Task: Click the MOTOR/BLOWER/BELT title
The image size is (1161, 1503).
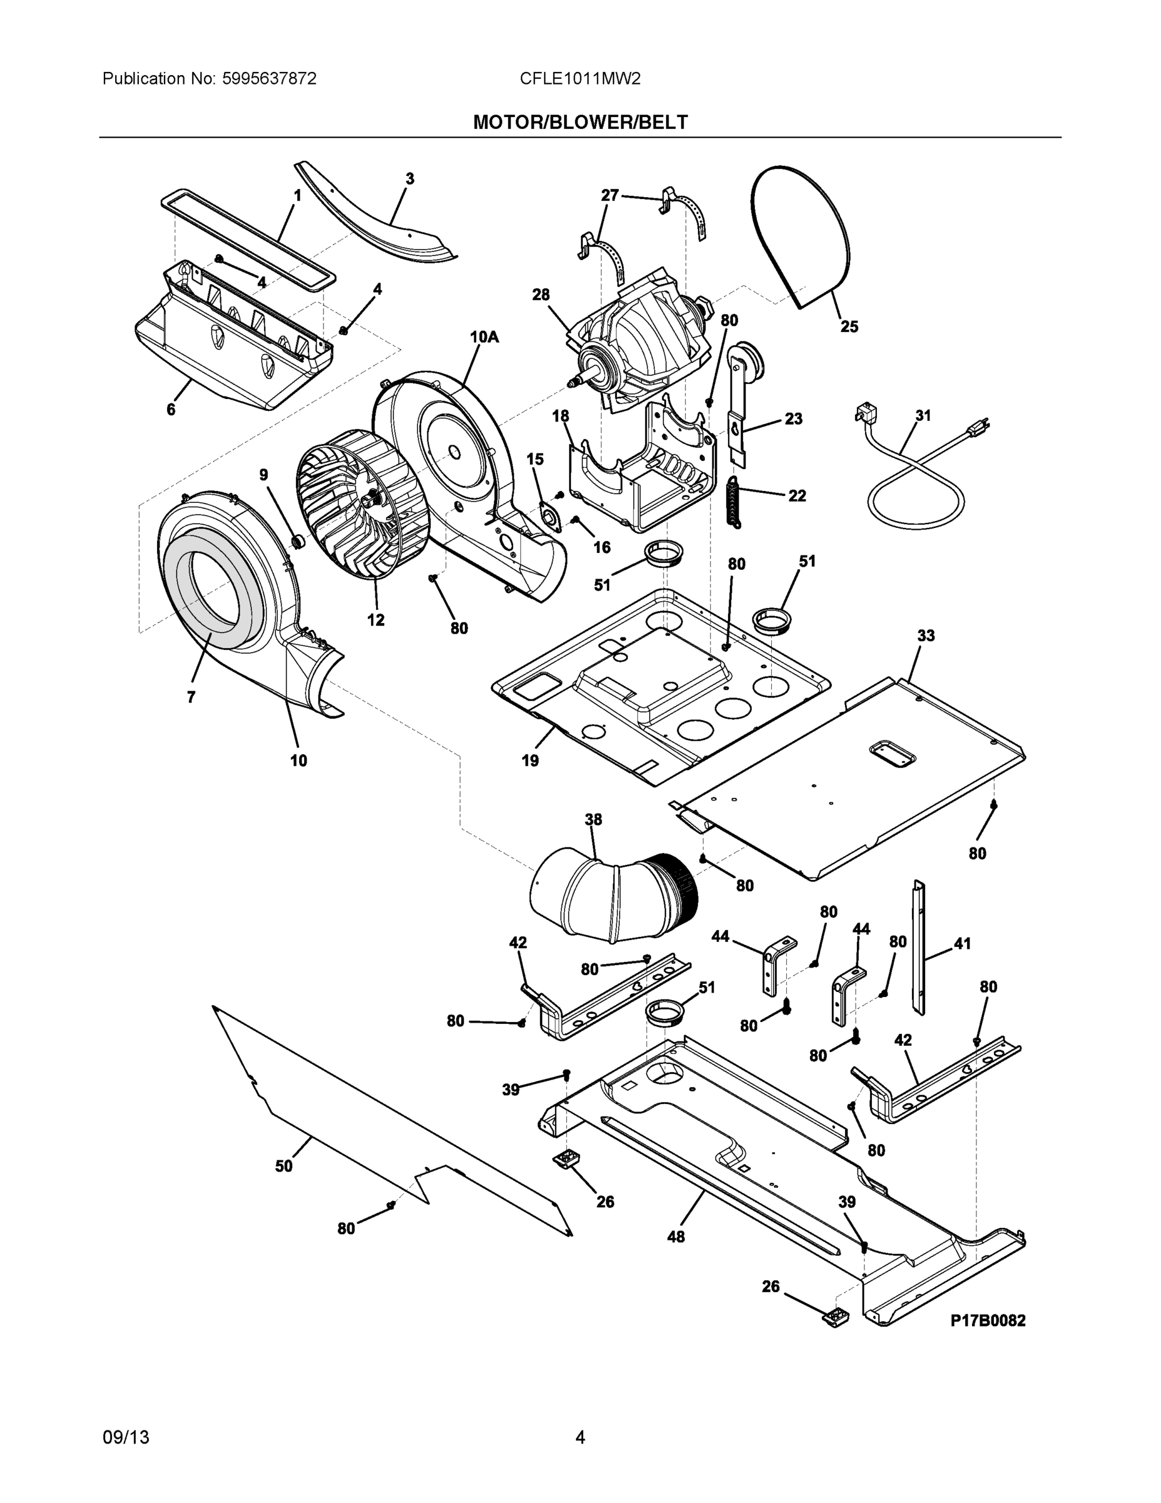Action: [x=580, y=123]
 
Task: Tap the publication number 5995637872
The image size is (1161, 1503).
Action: [x=269, y=78]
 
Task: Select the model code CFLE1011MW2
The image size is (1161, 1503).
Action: [x=580, y=78]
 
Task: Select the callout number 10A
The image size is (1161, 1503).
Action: [x=484, y=336]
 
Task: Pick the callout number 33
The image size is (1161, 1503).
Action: [x=926, y=635]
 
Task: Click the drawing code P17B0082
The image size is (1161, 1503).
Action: [x=987, y=1320]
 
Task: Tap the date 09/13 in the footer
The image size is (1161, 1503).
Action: [x=126, y=1437]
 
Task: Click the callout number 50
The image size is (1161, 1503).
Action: [x=284, y=1167]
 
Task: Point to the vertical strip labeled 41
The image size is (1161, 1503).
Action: [x=919, y=946]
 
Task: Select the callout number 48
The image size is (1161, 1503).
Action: [x=675, y=1237]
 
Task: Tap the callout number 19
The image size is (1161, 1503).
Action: [x=529, y=760]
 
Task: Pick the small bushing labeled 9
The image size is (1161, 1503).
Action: [x=299, y=542]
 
